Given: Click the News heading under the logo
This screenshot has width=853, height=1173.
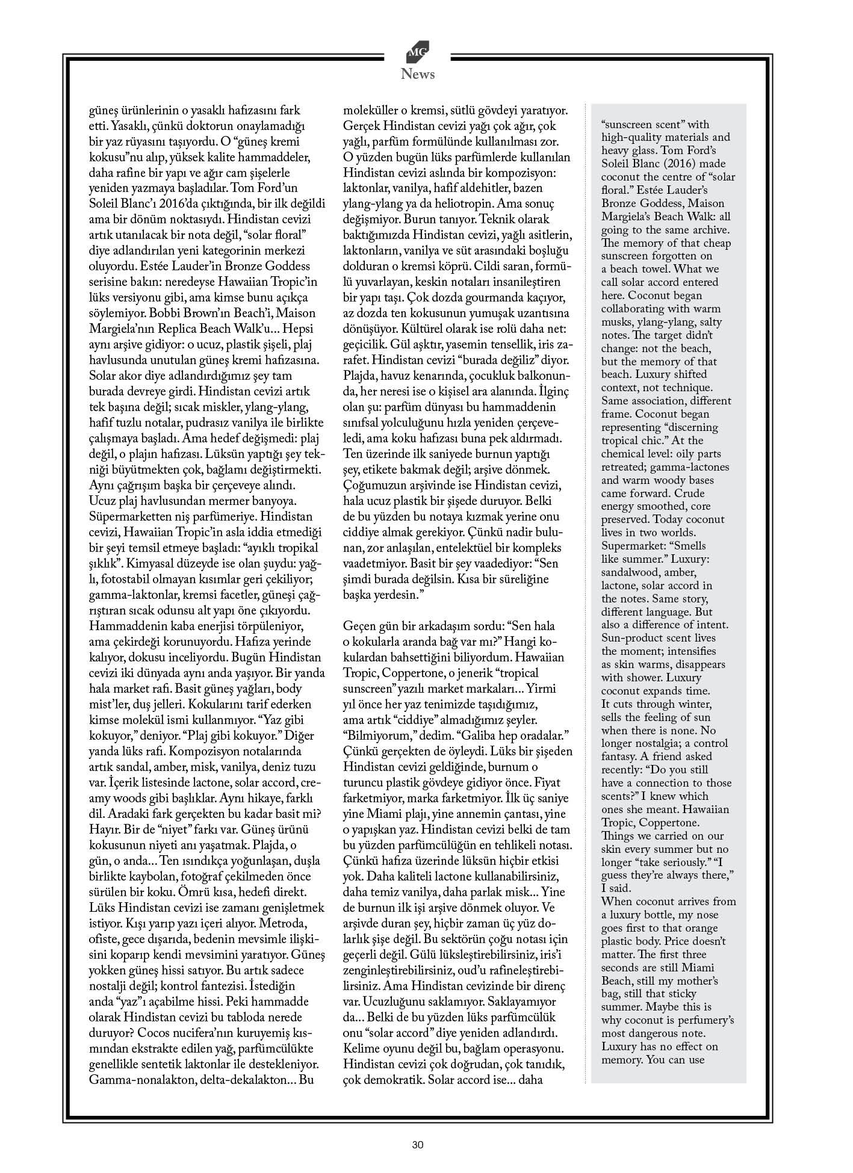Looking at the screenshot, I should click(418, 75).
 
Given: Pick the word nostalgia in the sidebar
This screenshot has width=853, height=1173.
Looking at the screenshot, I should click(660, 744).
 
